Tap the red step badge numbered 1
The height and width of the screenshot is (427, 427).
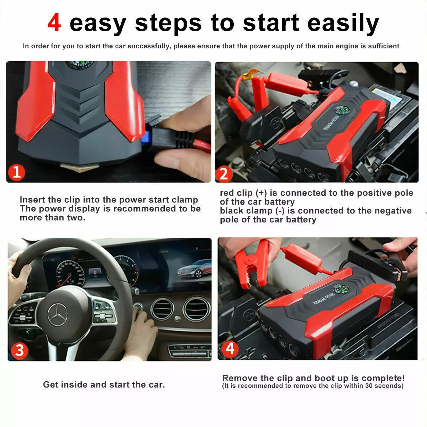(17, 172)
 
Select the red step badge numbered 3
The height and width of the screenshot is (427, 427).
(19, 350)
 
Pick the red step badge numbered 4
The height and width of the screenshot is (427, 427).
(230, 349)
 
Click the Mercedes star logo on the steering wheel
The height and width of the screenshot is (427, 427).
(58, 315)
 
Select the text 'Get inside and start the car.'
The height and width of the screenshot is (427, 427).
(104, 385)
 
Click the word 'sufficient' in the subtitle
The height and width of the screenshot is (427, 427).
(383, 46)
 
